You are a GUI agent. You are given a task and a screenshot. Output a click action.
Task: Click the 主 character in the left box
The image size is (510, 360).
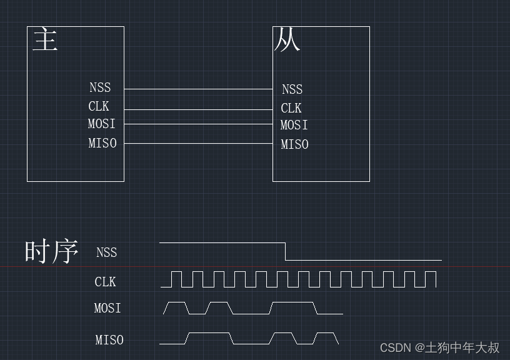click(x=45, y=39)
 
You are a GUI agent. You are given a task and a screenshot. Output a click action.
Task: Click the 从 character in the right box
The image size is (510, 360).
click(x=287, y=40)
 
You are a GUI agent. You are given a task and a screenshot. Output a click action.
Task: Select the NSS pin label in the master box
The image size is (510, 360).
click(x=100, y=87)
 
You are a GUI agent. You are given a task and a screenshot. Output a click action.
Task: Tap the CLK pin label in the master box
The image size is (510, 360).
click(x=99, y=106)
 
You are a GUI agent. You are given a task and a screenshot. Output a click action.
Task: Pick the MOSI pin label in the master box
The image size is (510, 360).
click(x=102, y=124)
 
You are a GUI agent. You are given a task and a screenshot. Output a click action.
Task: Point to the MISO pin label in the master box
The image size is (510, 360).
click(x=102, y=143)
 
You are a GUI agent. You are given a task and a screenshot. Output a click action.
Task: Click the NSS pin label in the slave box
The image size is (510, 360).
click(x=292, y=89)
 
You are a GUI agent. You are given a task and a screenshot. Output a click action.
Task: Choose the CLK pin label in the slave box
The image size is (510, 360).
click(x=291, y=108)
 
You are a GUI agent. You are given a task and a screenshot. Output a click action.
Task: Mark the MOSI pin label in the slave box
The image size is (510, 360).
click(x=294, y=125)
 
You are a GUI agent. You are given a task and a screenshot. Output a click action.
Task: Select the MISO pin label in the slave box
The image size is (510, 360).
click(x=295, y=144)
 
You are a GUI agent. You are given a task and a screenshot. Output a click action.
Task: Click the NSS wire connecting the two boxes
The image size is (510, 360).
click(x=198, y=89)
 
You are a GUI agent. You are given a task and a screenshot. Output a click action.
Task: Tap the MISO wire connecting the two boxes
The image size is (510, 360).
click(x=198, y=144)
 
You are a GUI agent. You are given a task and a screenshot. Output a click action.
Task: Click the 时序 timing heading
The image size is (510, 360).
click(x=51, y=251)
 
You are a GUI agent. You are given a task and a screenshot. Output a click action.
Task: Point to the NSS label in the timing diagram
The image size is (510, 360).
click(x=107, y=252)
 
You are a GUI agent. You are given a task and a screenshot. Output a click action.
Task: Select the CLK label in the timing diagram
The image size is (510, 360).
click(x=106, y=282)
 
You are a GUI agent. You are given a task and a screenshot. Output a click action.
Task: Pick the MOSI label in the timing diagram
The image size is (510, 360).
click(x=107, y=308)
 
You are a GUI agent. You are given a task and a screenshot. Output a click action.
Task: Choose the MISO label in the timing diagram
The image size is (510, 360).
click(x=109, y=340)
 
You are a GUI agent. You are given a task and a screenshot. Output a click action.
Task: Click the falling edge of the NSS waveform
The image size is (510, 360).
click(x=286, y=251)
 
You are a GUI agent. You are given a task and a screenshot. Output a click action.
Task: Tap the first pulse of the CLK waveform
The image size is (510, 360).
click(x=176, y=279)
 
